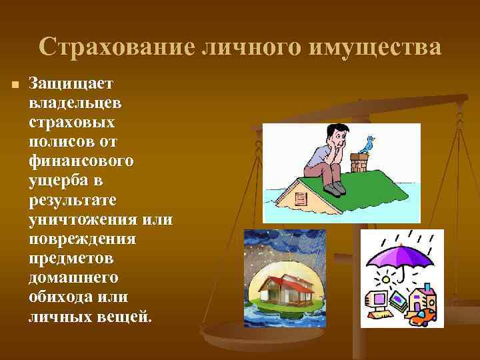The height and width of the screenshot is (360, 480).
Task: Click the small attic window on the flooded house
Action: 299,199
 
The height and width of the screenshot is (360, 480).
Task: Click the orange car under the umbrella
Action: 422,316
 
